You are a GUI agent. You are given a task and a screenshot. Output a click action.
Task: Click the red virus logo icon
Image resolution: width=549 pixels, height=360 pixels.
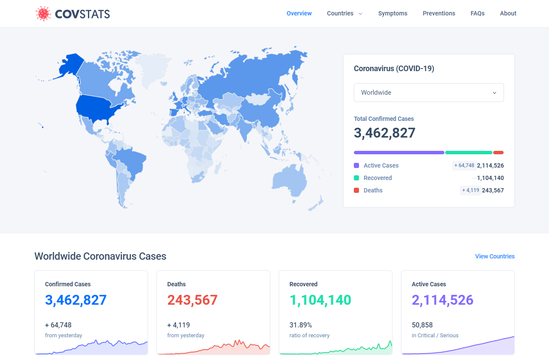click(43, 13)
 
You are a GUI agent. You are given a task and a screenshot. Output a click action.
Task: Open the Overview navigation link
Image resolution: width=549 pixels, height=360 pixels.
click(299, 13)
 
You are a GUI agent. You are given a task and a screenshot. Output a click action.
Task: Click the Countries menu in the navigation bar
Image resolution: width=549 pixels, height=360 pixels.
click(344, 13)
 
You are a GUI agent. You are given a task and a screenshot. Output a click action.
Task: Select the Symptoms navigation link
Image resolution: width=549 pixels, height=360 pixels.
click(392, 13)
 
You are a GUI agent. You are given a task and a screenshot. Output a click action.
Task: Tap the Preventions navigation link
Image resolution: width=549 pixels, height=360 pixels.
click(439, 13)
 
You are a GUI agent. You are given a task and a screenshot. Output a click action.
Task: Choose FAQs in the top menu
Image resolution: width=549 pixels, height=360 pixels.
click(477, 13)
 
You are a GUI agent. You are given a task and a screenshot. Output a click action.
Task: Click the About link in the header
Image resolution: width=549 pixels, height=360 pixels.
click(508, 13)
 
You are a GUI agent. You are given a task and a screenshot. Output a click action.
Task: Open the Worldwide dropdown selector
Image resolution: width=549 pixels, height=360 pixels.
click(428, 93)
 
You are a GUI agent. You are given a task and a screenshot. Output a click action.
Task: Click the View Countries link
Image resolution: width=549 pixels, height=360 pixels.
click(495, 256)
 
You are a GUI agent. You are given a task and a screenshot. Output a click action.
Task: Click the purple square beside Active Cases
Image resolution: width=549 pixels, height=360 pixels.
click(356, 165)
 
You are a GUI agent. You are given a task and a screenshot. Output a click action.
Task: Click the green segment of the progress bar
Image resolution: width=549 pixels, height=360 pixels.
click(469, 153)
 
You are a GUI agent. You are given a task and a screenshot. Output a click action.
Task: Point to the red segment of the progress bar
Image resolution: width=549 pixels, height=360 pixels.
click(498, 153)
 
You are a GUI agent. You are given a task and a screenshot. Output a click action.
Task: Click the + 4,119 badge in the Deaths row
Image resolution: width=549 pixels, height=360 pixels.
click(471, 190)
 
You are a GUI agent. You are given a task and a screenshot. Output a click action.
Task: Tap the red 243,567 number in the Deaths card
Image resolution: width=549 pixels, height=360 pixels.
click(192, 300)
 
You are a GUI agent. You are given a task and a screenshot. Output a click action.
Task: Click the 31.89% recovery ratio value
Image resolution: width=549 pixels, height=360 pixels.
click(301, 325)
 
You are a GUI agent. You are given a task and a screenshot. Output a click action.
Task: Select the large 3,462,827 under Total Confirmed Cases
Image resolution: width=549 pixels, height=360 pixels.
click(384, 133)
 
